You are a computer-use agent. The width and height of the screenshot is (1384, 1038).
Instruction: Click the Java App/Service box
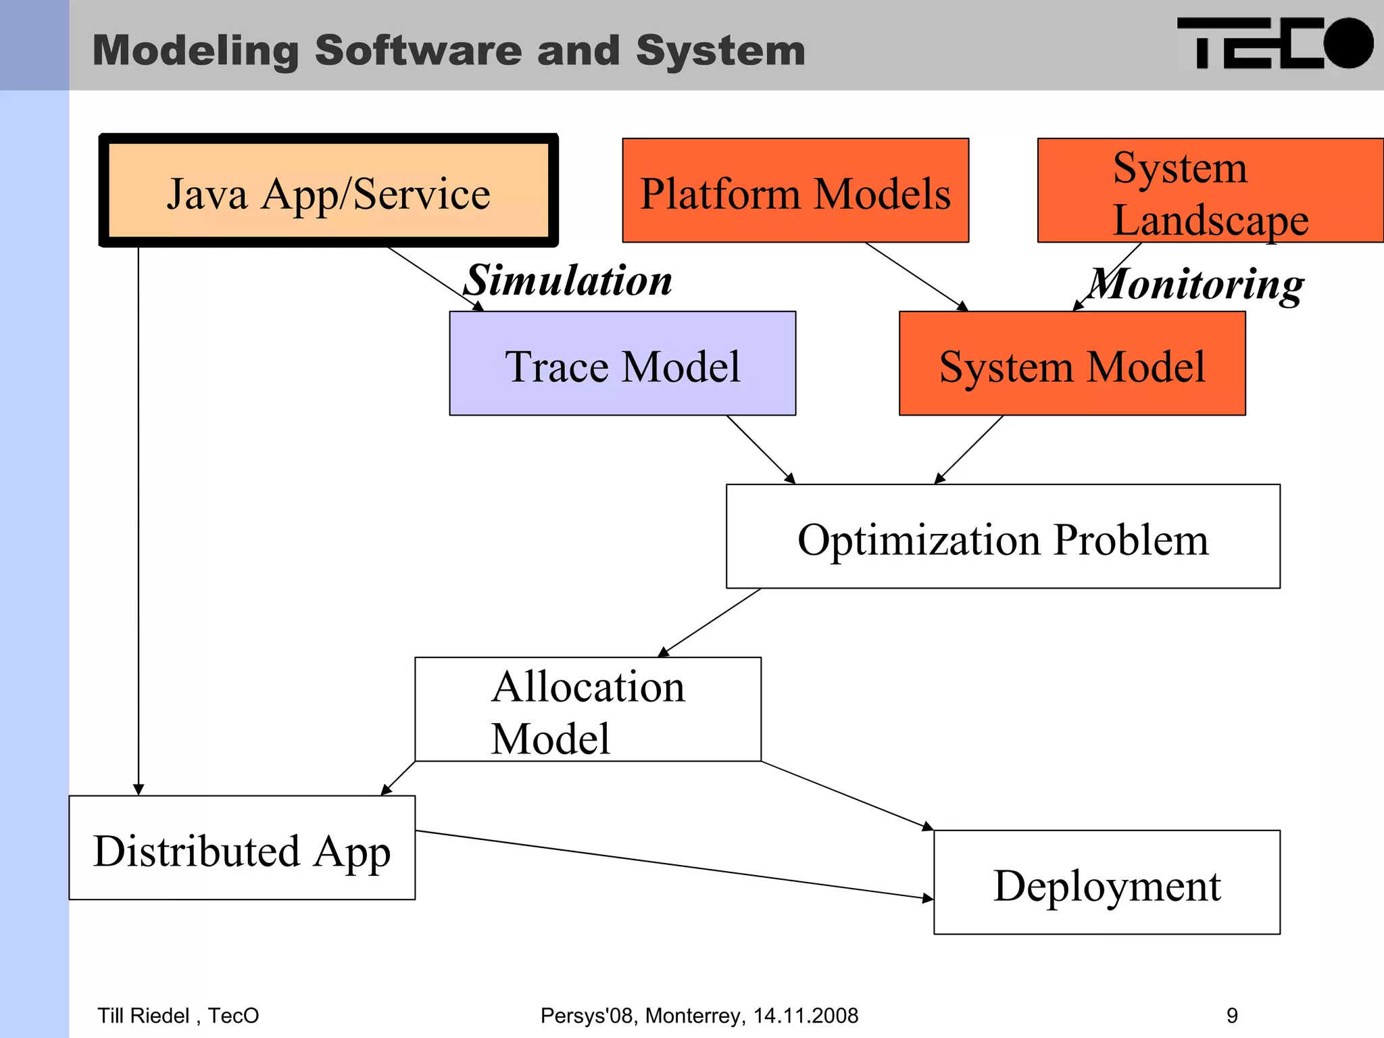tap(328, 191)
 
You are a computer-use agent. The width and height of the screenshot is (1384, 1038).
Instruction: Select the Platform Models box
tap(795, 191)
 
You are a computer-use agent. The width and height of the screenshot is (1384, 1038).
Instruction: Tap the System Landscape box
tap(1210, 191)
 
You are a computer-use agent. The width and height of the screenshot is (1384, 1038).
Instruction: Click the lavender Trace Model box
tap(622, 364)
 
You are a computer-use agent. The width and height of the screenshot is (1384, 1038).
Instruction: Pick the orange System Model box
tap(1072, 364)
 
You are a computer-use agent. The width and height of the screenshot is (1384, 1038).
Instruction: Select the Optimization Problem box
tap(1003, 537)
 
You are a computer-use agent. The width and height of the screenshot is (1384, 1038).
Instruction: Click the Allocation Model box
tap(588, 710)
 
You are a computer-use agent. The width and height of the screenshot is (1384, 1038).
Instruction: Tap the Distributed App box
tap(242, 849)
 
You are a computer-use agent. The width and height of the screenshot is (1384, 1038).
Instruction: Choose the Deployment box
tap(1107, 883)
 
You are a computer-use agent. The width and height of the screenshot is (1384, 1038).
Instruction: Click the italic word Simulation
tap(569, 280)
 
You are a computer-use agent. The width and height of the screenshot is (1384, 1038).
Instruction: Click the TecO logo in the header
tap(1275, 44)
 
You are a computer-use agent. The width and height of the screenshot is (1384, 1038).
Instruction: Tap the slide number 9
tap(1232, 1016)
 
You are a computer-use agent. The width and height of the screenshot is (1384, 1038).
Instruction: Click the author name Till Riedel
tap(143, 1016)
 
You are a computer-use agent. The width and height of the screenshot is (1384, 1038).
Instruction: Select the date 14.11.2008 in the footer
tap(806, 1016)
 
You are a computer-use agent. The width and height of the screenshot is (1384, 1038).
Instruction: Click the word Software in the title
tap(418, 51)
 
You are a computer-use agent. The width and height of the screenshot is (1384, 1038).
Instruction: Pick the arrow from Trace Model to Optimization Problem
tap(761, 450)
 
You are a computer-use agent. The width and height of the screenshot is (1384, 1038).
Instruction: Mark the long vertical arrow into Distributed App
tap(139, 520)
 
